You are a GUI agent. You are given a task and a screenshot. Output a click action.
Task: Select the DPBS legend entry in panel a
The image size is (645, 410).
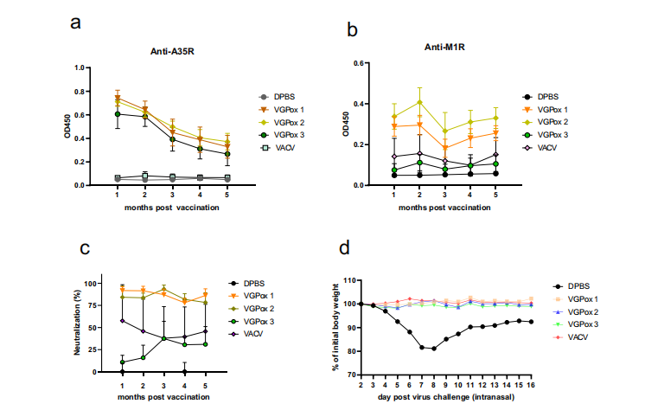(x=291, y=96)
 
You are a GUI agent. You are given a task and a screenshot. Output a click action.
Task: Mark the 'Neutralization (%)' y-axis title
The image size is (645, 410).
(x=75, y=326)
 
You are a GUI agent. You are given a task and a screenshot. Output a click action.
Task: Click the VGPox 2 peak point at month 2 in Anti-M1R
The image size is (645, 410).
(x=419, y=102)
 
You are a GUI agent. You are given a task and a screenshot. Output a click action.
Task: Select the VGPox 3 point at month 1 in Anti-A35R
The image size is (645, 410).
(x=118, y=113)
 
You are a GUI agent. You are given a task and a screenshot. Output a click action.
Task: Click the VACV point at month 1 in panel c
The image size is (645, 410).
(x=122, y=320)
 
